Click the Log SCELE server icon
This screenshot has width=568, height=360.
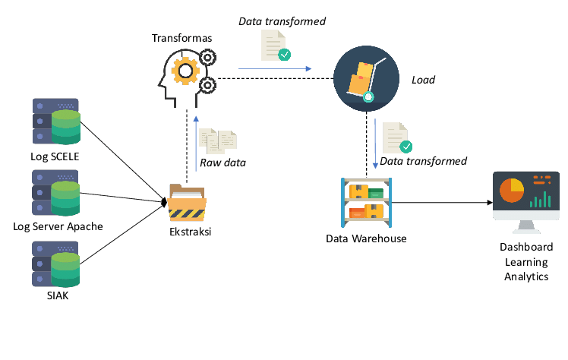(56, 122)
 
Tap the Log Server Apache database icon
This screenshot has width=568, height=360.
(56, 194)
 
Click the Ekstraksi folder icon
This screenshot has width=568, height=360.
(187, 202)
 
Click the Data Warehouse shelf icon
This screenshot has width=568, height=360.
(366, 203)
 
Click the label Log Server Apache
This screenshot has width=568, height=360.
(58, 226)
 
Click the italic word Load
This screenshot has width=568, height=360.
(423, 79)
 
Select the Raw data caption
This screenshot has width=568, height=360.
(222, 163)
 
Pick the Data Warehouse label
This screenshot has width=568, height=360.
(366, 238)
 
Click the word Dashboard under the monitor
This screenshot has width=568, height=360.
(525, 248)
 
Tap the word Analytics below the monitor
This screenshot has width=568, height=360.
(525, 276)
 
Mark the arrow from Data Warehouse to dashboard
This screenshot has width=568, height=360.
(440, 203)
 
